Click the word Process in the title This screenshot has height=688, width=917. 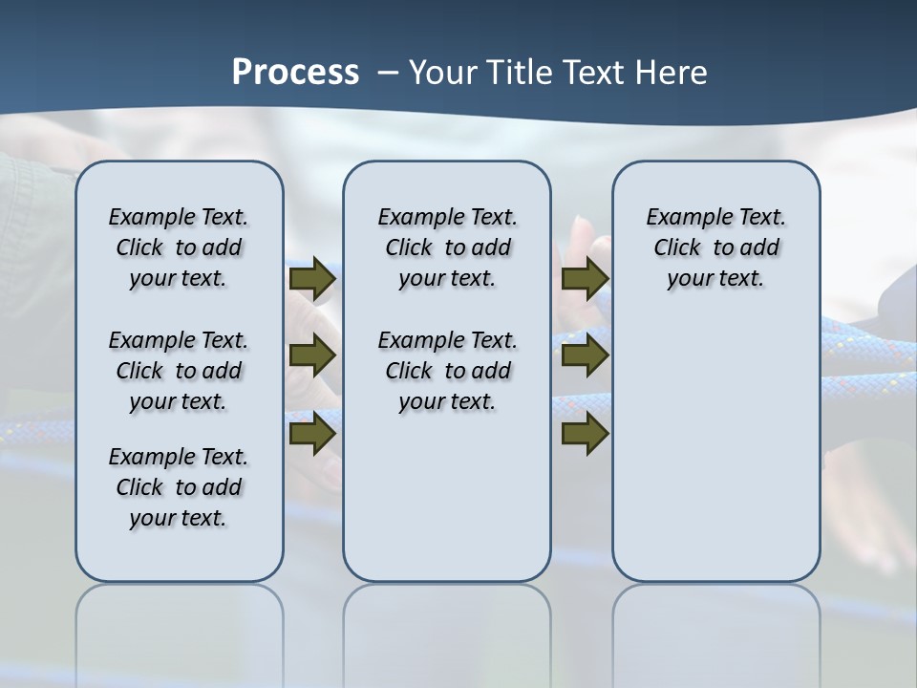pyautogui.click(x=295, y=72)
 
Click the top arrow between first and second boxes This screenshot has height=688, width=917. pyautogui.click(x=312, y=278)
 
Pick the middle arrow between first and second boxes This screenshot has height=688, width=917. pyautogui.click(x=312, y=355)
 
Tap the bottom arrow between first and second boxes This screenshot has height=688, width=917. pyautogui.click(x=312, y=433)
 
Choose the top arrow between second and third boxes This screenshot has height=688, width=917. pyautogui.click(x=586, y=278)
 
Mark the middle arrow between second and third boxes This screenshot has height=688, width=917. pyautogui.click(x=586, y=355)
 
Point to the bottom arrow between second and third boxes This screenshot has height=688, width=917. pyautogui.click(x=586, y=433)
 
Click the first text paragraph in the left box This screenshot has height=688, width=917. pyautogui.click(x=179, y=247)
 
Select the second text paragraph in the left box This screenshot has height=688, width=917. pyautogui.click(x=179, y=371)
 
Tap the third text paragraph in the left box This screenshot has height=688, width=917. pyautogui.click(x=179, y=487)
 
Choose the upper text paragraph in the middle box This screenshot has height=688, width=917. pyautogui.click(x=447, y=247)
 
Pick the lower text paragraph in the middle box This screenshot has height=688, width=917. pyautogui.click(x=447, y=371)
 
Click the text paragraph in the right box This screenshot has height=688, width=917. pyautogui.click(x=715, y=247)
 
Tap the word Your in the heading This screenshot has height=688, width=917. pyautogui.click(x=444, y=72)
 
